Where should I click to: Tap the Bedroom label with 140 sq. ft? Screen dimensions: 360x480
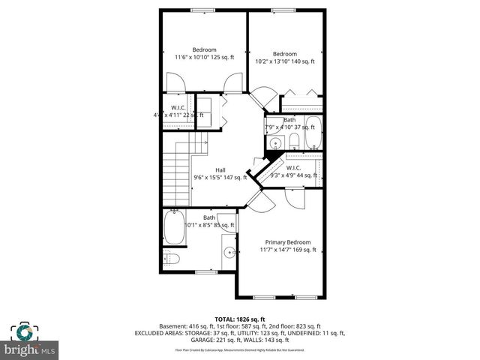point(285,54)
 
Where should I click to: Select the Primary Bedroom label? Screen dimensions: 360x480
point(287,242)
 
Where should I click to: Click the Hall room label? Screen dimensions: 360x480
point(220,169)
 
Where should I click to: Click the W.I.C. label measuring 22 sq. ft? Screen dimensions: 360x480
point(178,108)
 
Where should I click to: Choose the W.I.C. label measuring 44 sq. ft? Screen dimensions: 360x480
point(293,168)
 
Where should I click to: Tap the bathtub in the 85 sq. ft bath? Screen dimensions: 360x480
point(175,228)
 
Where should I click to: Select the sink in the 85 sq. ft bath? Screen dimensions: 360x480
point(229,251)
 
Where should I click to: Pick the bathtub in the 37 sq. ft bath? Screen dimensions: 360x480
point(313,133)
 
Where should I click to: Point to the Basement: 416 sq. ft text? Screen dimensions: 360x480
point(184,326)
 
